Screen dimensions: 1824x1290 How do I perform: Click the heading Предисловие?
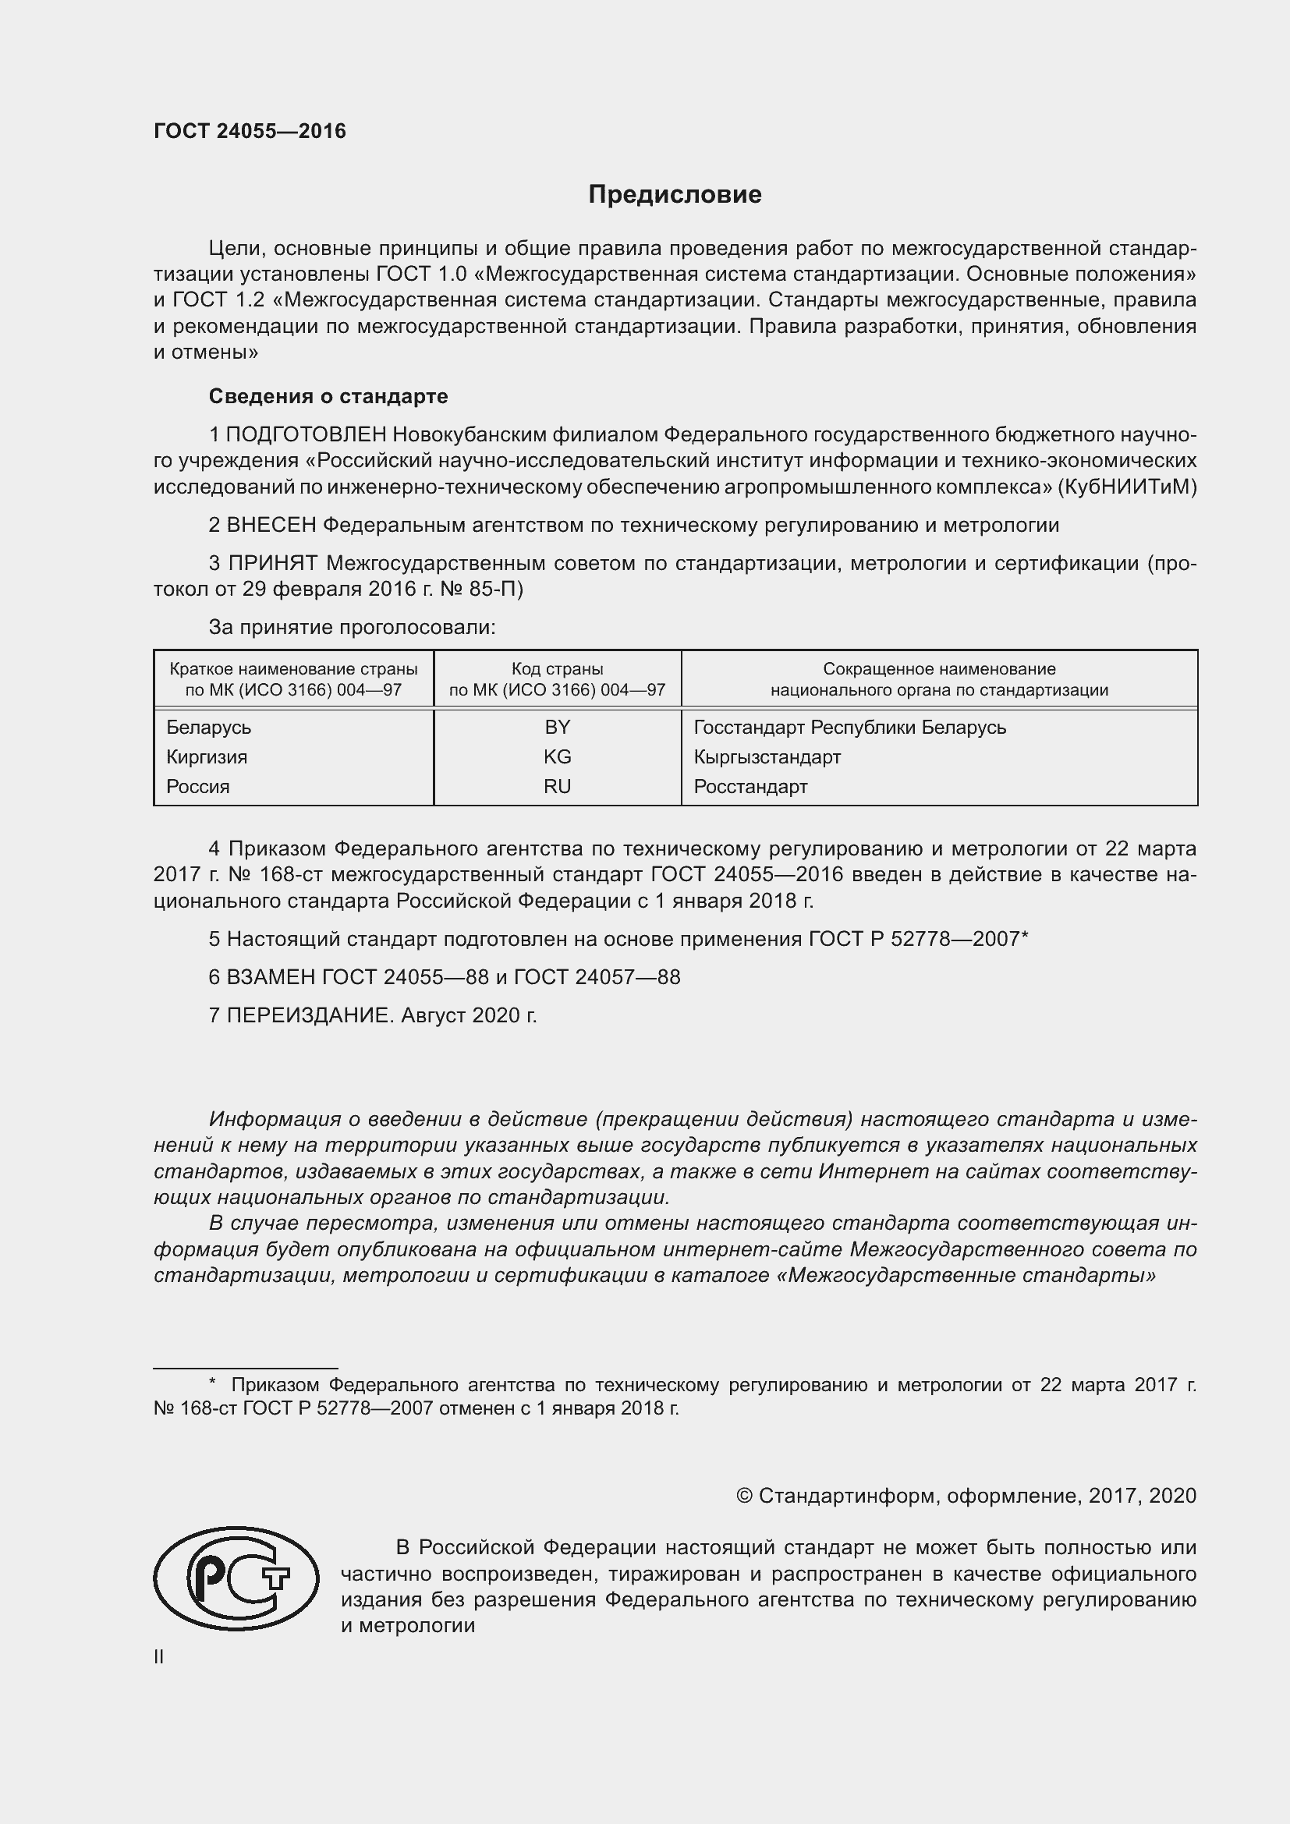tap(675, 195)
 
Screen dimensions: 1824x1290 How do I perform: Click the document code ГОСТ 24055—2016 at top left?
tap(250, 131)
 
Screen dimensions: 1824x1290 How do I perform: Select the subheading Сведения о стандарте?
tap(328, 395)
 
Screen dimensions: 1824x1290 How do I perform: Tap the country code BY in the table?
tap(557, 727)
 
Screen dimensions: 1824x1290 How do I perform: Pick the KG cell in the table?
tap(557, 756)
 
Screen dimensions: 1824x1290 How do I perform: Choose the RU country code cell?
tap(557, 787)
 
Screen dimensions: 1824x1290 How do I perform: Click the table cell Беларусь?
tap(209, 727)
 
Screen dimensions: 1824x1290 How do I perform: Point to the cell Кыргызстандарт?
tap(767, 756)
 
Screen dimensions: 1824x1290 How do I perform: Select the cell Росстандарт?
tap(750, 787)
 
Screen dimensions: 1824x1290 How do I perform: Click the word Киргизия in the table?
tap(207, 756)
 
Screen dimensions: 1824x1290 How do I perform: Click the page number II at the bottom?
tap(159, 1657)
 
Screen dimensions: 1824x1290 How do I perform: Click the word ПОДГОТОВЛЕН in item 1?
tap(306, 434)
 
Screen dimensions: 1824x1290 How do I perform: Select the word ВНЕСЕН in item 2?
tap(271, 525)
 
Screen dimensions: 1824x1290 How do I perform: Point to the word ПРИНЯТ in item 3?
tap(272, 563)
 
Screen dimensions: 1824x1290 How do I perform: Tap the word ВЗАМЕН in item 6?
tap(271, 977)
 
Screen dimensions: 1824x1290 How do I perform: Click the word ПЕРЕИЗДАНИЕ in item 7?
tap(309, 1015)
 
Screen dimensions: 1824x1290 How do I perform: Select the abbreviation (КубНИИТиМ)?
tap(1126, 486)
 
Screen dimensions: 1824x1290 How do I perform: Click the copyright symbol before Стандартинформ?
tap(743, 1496)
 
